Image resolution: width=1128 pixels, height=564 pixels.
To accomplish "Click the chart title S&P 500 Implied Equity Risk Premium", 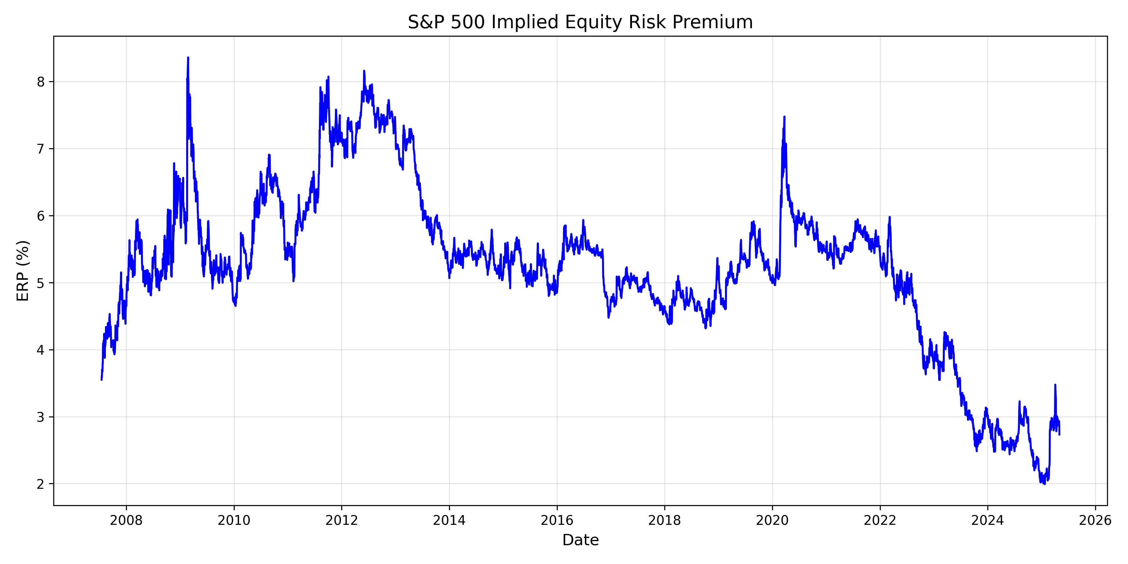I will coord(580,22).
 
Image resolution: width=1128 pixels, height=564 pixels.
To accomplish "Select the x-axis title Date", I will coord(580,540).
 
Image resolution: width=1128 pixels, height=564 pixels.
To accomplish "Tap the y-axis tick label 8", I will coord(41,82).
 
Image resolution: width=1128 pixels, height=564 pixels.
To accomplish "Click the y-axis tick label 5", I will coord(41,283).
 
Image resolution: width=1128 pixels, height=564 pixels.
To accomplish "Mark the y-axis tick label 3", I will coord(41,417).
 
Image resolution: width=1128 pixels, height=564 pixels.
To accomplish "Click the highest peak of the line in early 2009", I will coord(188,58).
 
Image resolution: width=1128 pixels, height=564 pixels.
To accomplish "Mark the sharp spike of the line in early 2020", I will coord(784,117).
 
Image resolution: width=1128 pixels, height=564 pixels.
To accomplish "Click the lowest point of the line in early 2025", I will coord(1045,484).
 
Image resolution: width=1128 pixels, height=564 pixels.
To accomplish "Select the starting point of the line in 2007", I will coord(102,379).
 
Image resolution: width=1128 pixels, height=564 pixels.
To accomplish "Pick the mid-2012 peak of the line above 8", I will coord(364,71).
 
